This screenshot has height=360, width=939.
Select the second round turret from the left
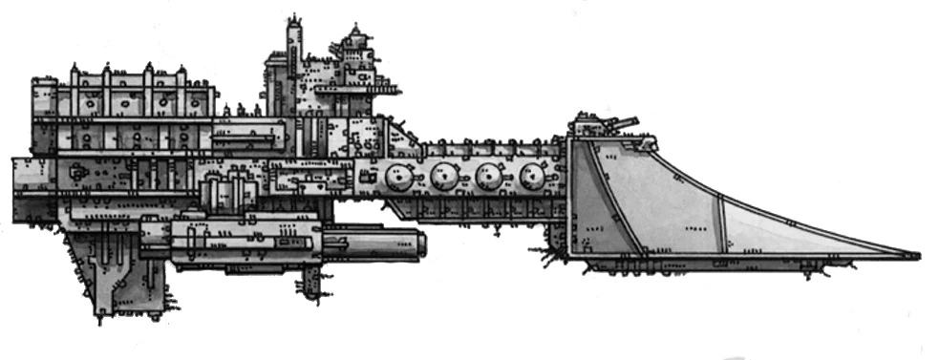pos(443,177)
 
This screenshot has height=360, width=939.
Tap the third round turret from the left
pos(490,177)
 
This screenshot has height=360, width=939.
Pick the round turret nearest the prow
pos(533,177)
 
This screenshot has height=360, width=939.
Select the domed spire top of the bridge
pos(357,36)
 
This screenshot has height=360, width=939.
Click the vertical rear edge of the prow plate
pos(570,196)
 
